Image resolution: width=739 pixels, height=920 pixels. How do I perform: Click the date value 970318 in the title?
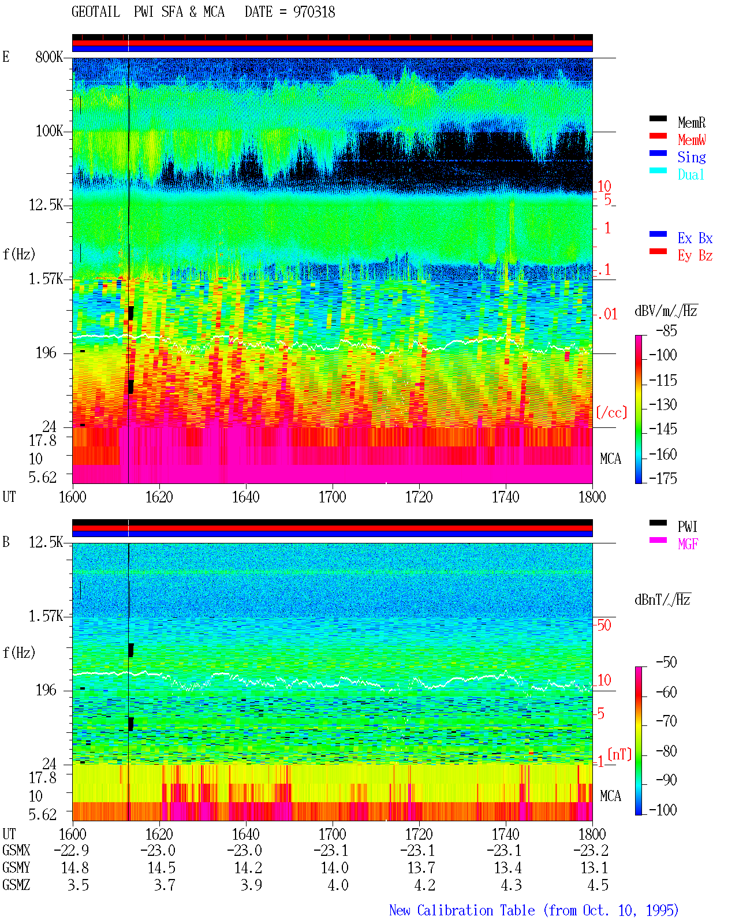[313, 12]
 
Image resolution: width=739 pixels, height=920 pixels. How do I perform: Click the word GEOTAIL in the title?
[96, 12]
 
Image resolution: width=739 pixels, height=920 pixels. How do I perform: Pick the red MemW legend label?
[692, 140]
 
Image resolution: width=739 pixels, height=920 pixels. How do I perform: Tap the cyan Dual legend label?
[691, 174]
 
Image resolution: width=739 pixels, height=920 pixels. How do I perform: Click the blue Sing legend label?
[691, 157]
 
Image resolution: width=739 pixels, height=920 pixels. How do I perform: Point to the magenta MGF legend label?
[688, 544]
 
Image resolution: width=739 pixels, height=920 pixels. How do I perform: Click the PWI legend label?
[687, 527]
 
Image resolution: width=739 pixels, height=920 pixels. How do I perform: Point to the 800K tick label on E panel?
[48, 57]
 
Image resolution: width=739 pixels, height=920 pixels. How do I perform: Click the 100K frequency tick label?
[48, 131]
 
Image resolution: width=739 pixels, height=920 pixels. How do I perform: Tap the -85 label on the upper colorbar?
[666, 330]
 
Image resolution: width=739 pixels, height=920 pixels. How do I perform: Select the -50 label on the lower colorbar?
[666, 662]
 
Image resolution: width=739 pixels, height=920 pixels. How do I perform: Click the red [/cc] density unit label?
[611, 412]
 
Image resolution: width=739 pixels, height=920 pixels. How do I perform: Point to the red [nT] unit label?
[619, 754]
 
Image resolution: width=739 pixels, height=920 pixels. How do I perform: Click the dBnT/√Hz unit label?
[662, 599]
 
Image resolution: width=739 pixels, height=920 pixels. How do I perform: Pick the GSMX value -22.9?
[72, 850]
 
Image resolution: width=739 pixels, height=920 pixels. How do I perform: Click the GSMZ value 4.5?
[598, 885]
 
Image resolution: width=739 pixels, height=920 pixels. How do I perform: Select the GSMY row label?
[16, 867]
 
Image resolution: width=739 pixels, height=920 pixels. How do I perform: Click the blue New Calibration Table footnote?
[533, 910]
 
